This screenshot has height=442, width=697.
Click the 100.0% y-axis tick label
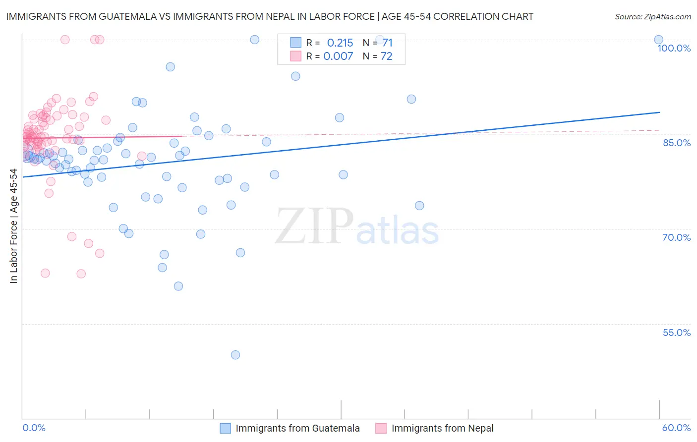(674, 48)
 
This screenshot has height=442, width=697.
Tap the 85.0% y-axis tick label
(677, 143)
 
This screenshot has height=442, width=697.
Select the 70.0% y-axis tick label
(677, 237)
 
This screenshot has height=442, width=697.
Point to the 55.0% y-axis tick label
(677, 332)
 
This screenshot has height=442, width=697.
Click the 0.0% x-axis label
(34, 428)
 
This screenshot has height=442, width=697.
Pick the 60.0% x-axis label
(676, 428)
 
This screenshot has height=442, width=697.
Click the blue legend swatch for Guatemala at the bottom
(226, 428)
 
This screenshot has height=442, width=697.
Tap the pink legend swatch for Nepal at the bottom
(381, 428)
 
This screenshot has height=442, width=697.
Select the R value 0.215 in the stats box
(340, 43)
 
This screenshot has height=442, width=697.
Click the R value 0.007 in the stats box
(338, 56)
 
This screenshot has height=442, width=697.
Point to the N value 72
(386, 56)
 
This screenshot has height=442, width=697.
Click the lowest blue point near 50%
(235, 355)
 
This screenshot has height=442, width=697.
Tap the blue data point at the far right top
(658, 40)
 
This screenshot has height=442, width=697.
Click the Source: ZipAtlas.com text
(652, 16)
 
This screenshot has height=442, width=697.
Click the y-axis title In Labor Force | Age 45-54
(13, 226)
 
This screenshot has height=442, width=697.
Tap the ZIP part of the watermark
(314, 226)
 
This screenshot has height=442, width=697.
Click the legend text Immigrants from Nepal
(442, 428)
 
